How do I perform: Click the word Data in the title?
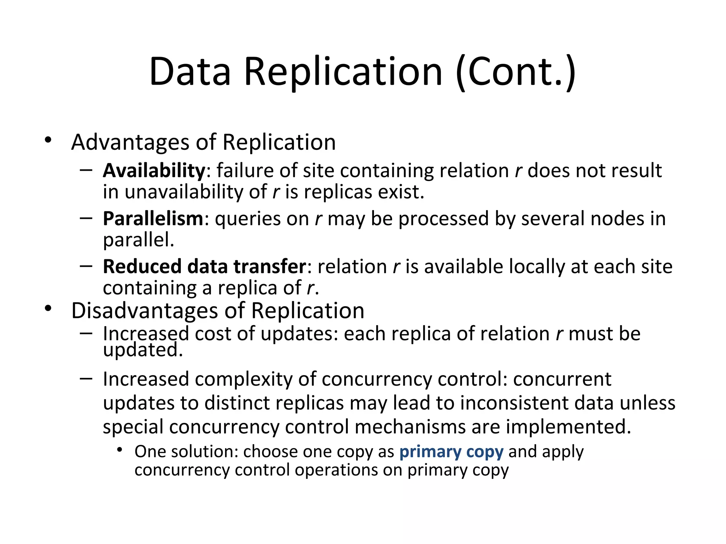pyautogui.click(x=190, y=72)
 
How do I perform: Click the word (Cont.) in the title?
pyautogui.click(x=516, y=72)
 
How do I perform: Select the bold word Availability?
pyautogui.click(x=154, y=171)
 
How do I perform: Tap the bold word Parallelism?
pyautogui.click(x=153, y=219)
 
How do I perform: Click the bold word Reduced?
pyautogui.click(x=142, y=266)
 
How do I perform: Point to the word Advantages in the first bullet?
pyautogui.click(x=130, y=142)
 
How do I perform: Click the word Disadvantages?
pyautogui.click(x=145, y=311)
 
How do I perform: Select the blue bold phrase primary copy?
pyautogui.click(x=451, y=452)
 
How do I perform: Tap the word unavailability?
pyautogui.click(x=184, y=192)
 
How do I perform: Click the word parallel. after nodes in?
pyautogui.click(x=139, y=240)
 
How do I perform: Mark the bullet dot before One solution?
pyautogui.click(x=120, y=450)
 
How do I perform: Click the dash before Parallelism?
pyautogui.click(x=86, y=217)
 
